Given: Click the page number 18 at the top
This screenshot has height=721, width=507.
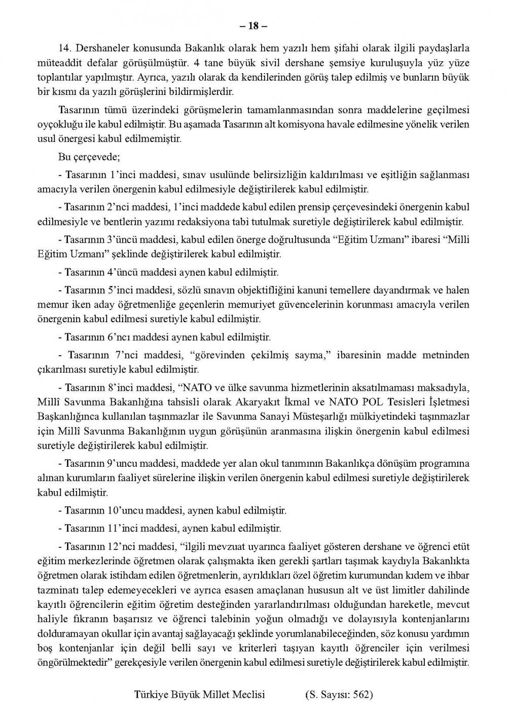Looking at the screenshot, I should [x=253, y=26].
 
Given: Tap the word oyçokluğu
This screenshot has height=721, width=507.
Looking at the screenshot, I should [x=58, y=124].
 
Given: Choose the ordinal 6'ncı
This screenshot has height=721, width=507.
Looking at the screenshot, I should [x=121, y=337].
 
